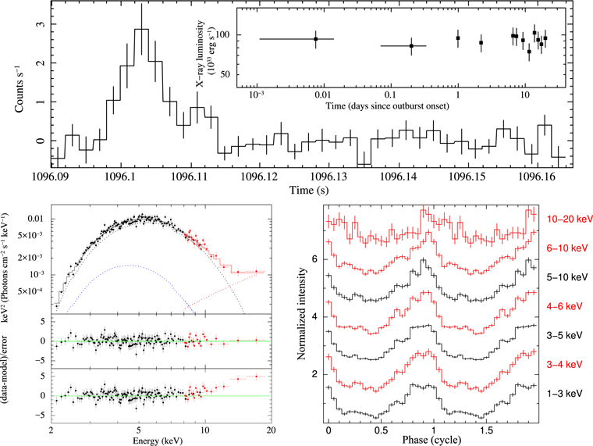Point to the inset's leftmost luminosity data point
316,39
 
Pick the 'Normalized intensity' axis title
306,312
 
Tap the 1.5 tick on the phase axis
486,430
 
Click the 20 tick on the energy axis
270,430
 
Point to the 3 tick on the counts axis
34,25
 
